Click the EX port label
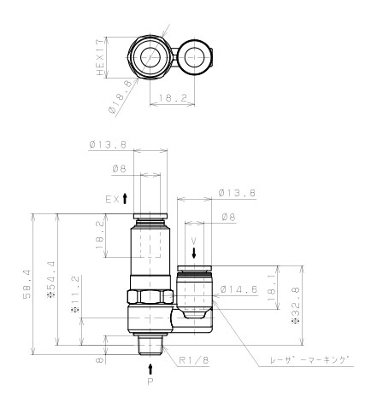pyautogui.click(x=111, y=198)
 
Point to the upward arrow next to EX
pyautogui.click(x=126, y=198)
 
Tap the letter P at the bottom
pyautogui.click(x=150, y=382)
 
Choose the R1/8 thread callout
pyautogui.click(x=192, y=360)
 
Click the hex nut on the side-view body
pyautogui.click(x=150, y=299)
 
